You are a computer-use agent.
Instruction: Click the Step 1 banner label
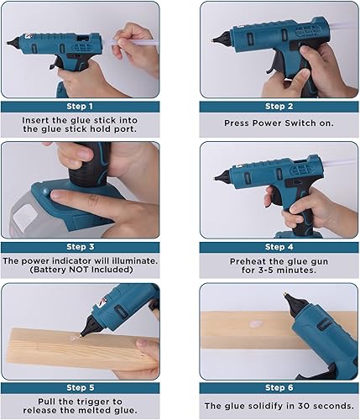click(x=81, y=106)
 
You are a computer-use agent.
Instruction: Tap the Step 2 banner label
click(x=279, y=106)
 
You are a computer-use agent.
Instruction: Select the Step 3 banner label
click(x=81, y=247)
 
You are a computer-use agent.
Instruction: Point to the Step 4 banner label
click(x=279, y=247)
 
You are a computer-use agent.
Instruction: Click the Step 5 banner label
click(x=81, y=387)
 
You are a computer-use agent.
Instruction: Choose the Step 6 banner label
click(x=279, y=387)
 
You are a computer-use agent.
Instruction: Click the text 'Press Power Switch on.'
click(x=279, y=122)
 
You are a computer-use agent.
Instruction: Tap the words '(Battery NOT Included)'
click(x=81, y=270)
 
